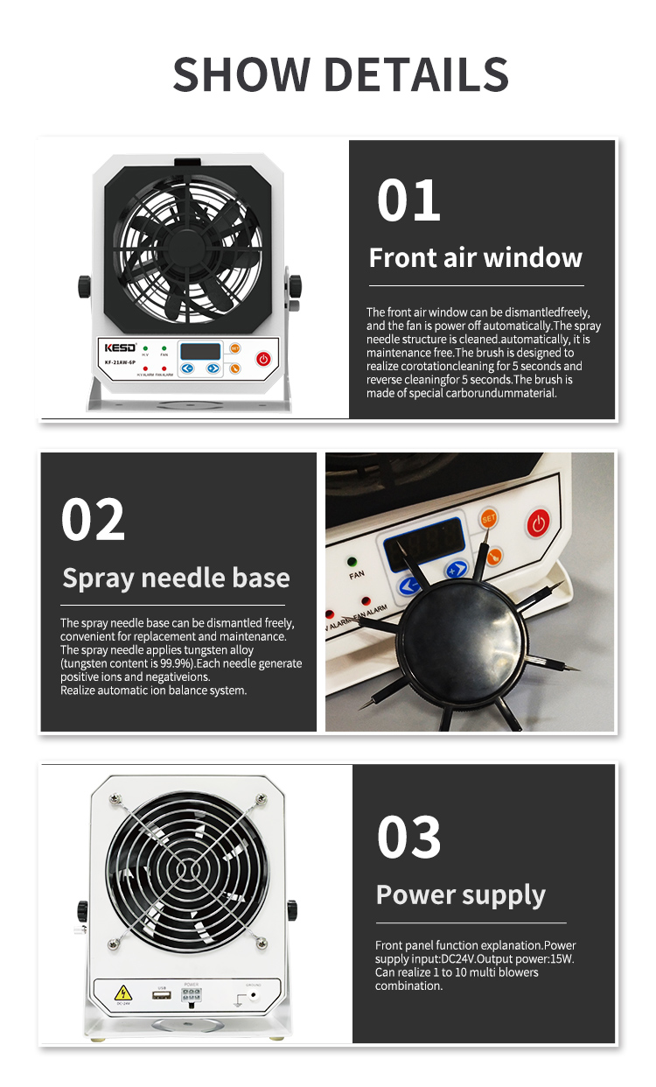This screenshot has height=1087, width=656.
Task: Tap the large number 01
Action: tap(408, 200)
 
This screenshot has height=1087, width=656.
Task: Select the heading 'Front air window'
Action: tap(475, 258)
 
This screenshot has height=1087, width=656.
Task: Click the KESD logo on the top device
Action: tap(119, 348)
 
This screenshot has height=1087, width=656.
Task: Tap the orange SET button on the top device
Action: tap(234, 348)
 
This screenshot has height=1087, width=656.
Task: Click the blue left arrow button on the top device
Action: tap(188, 368)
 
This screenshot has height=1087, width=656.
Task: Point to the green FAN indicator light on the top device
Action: tap(164, 349)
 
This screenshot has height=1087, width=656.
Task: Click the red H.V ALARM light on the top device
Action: tap(145, 368)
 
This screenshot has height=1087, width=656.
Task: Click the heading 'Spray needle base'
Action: tap(176, 579)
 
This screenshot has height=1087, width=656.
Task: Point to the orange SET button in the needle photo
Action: tap(489, 519)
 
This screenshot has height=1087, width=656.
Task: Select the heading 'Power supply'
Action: tap(460, 895)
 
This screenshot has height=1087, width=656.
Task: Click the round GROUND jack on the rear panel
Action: tap(255, 993)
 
